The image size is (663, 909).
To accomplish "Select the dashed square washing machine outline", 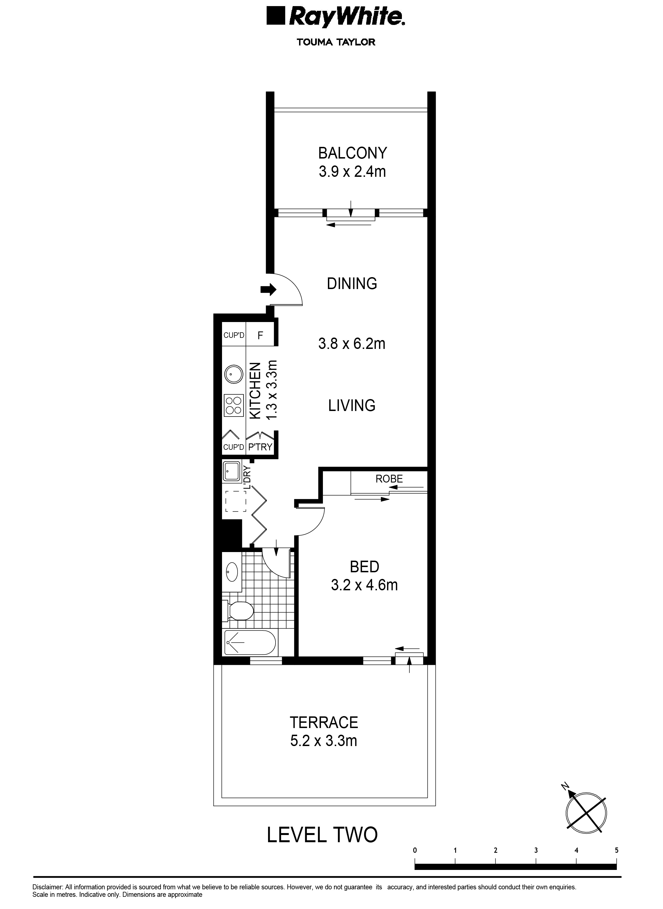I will point(236,501).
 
